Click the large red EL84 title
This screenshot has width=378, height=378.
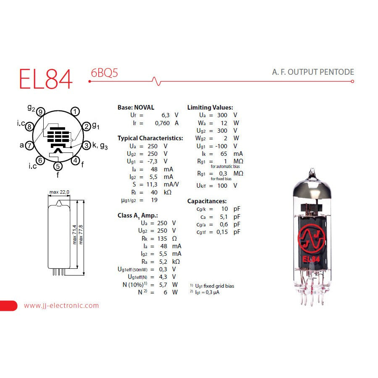click(x=45, y=79)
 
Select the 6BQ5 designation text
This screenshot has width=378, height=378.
click(x=105, y=73)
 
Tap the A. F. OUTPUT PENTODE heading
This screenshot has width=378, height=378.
click(x=313, y=72)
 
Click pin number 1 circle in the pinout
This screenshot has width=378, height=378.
click(x=75, y=112)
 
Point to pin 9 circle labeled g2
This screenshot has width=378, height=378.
click(x=40, y=112)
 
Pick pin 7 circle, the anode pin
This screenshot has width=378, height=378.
click(x=29, y=145)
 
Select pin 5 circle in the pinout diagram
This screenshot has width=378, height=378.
click(x=58, y=166)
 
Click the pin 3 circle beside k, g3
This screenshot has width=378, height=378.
click(x=86, y=145)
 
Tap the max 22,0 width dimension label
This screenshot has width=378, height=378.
click(x=59, y=192)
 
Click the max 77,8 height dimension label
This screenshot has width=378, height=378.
click(x=81, y=234)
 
